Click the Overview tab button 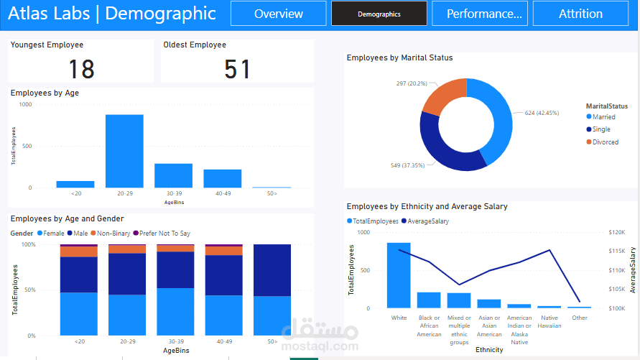coord(279,14)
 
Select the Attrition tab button coord(580,14)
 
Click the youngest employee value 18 coord(81,69)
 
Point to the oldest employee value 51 coord(237,69)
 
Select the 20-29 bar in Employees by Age coord(124,151)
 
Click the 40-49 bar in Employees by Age coord(222,178)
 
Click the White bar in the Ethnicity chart coord(399,275)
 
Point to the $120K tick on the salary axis coord(617,233)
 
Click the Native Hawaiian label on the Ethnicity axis coord(549,321)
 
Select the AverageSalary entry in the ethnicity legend coord(428,221)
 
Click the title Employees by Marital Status coord(399,57)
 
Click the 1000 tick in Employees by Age coord(25,104)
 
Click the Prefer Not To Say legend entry coord(164,234)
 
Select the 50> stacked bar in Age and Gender coord(272,290)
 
